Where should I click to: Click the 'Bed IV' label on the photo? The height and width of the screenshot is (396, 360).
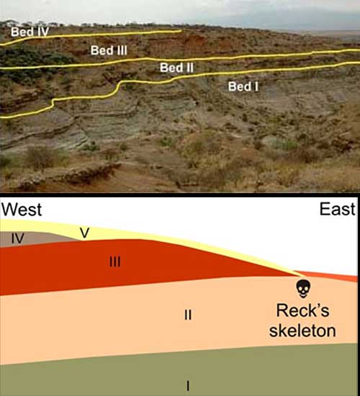[30, 32]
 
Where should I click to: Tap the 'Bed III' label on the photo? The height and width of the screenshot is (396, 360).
[109, 50]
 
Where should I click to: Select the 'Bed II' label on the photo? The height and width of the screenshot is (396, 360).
[176, 68]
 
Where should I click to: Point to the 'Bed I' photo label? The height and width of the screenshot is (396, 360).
[243, 86]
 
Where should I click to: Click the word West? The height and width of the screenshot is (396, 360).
[22, 210]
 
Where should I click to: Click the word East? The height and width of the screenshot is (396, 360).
[338, 209]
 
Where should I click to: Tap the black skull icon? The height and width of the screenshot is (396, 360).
[303, 289]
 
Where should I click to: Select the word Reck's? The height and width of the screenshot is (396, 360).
[302, 310]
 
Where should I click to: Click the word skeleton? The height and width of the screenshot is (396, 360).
[302, 330]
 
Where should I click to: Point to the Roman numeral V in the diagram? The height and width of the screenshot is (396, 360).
[85, 233]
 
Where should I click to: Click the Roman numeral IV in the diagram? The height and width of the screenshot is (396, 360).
[18, 238]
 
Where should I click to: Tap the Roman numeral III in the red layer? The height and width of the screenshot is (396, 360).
[115, 261]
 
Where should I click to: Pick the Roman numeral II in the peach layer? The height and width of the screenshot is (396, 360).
[188, 315]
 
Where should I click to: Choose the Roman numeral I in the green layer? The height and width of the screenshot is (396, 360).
[188, 386]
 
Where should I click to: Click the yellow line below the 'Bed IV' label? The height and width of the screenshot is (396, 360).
[91, 35]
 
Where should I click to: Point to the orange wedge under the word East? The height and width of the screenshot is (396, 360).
[336, 276]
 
